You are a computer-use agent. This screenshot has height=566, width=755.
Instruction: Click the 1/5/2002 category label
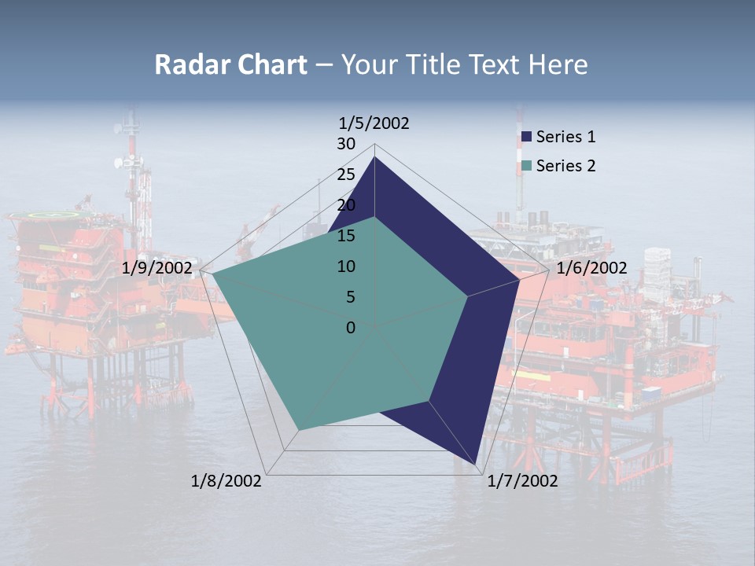pyautogui.click(x=374, y=123)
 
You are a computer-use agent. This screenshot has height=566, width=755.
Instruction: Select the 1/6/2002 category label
pyautogui.click(x=591, y=268)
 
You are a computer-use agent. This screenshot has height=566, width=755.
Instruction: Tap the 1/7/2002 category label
pyautogui.click(x=522, y=481)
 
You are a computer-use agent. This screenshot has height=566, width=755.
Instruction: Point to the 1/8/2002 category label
pyautogui.click(x=226, y=481)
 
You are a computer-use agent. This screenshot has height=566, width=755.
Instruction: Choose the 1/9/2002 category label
pyautogui.click(x=157, y=268)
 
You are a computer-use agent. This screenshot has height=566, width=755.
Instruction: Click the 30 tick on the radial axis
pyautogui.click(x=346, y=144)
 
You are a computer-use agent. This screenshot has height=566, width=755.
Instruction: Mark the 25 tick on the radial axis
pyautogui.click(x=346, y=175)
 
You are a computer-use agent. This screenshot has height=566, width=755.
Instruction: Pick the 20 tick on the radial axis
pyautogui.click(x=346, y=205)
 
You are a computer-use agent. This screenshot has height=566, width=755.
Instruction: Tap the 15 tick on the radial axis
pyautogui.click(x=346, y=236)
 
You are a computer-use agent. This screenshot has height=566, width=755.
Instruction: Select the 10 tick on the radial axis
pyautogui.click(x=346, y=266)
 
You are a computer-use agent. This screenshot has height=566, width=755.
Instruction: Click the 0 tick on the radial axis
pyautogui.click(x=351, y=327)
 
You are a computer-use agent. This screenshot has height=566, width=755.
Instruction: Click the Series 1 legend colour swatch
pyautogui.click(x=527, y=137)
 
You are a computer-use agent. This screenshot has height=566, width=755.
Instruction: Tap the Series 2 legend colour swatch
pyautogui.click(x=527, y=166)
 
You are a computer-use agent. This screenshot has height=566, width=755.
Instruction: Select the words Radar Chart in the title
pyautogui.click(x=230, y=64)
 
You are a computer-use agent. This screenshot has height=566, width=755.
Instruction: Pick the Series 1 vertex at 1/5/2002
pyautogui.click(x=375, y=157)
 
